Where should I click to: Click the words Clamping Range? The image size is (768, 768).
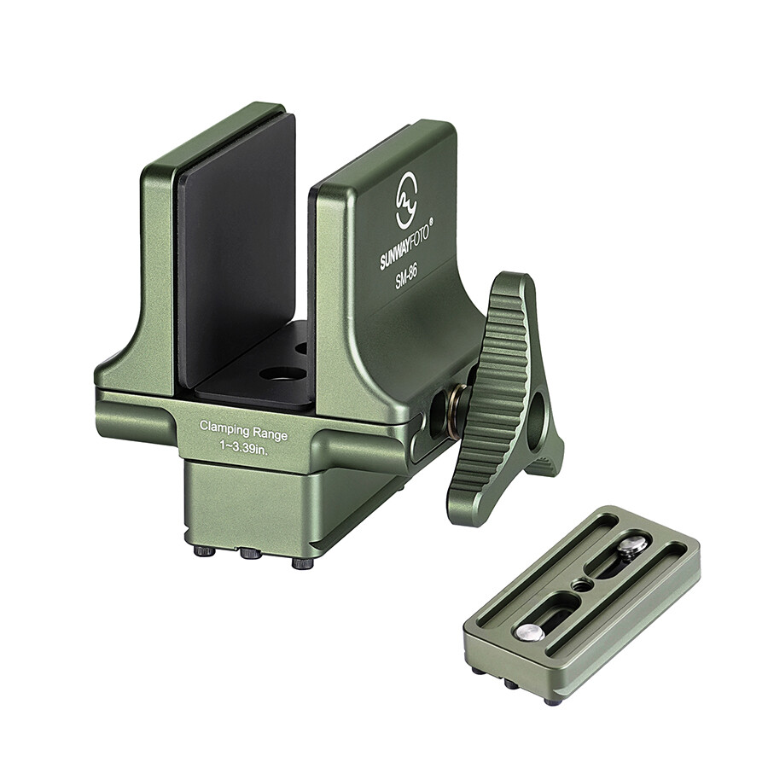click(x=243, y=430)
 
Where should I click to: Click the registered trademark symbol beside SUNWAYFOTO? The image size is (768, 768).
click(x=432, y=221)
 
